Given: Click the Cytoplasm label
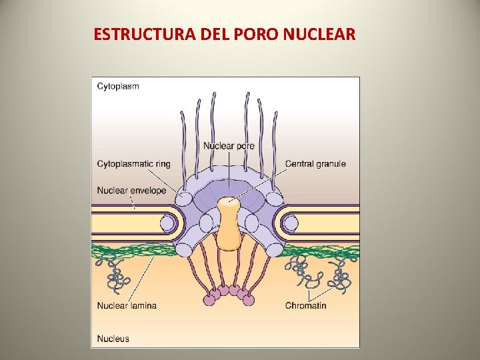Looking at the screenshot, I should tap(118, 86).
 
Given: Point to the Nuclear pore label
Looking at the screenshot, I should tap(229, 146).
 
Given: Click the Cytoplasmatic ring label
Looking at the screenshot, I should tap(133, 164).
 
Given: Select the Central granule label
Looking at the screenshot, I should tap(315, 164).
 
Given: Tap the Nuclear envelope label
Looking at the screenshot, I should tap(131, 191).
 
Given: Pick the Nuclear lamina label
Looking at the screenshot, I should tap(127, 306).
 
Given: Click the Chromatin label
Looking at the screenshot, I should tap(305, 306).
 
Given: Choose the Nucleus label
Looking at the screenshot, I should tap(113, 339).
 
